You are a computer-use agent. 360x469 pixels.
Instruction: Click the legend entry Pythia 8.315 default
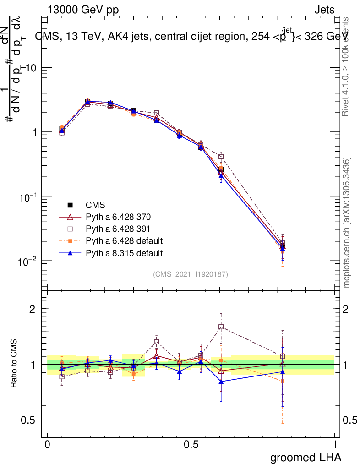click(124, 252)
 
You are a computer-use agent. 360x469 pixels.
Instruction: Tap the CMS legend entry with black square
click(96, 205)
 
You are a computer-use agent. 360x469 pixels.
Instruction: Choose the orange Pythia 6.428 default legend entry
click(124, 240)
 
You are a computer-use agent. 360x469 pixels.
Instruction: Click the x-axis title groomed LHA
click(305, 457)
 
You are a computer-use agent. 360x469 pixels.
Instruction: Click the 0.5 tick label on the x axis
click(191, 445)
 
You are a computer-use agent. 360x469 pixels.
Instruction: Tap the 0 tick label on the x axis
click(47, 445)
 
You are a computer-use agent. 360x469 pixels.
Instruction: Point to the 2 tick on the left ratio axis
click(33, 309)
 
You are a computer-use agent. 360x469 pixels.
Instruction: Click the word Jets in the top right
click(324, 10)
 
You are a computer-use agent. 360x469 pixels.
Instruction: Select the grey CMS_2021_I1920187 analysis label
click(191, 274)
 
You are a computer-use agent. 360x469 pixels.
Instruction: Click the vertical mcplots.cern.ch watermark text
click(347, 223)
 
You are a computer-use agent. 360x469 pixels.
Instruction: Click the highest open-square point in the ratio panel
click(221, 327)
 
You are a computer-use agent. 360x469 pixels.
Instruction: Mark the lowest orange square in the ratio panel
click(283, 381)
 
